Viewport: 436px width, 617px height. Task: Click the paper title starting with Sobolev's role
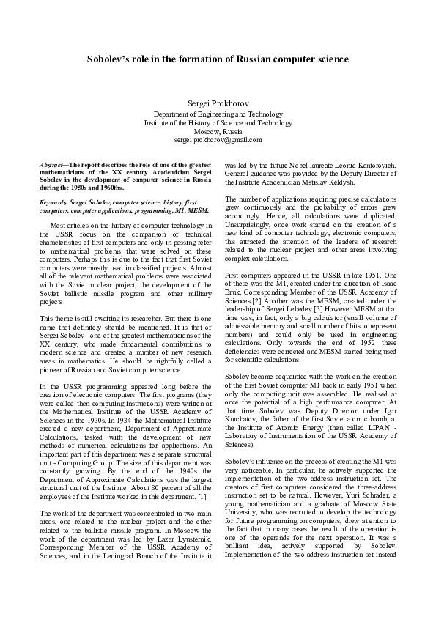point(218,58)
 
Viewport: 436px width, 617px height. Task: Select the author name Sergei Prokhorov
point(218,103)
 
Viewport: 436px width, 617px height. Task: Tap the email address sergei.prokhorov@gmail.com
point(218,138)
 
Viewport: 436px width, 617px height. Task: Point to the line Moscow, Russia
point(218,130)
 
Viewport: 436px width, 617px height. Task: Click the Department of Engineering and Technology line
point(218,114)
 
